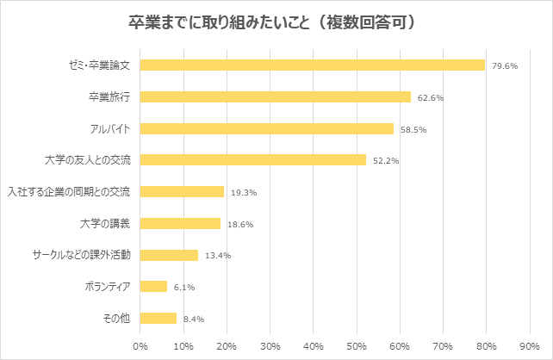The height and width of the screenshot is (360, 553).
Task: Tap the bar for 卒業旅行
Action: [x=275, y=96]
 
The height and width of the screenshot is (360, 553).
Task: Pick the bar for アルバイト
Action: [x=266, y=128]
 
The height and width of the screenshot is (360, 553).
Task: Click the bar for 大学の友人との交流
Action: [x=252, y=159]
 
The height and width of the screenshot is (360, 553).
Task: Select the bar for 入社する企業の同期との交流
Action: [x=181, y=191]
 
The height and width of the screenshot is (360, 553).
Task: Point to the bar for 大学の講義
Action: [x=179, y=223]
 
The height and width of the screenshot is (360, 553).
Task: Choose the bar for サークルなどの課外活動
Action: [x=168, y=255]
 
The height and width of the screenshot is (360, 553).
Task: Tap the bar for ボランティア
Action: [x=152, y=286]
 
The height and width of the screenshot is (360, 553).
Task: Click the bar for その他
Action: [x=158, y=318]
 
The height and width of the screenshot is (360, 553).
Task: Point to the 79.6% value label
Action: [x=504, y=65]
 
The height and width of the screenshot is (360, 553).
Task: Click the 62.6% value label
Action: [x=430, y=97]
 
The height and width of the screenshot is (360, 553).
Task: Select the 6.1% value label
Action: [x=183, y=288]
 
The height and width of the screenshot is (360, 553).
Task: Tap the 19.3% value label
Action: [x=242, y=193]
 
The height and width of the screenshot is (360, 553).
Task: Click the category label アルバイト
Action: [x=109, y=128]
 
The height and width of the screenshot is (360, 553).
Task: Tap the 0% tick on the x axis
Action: [x=140, y=346]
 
